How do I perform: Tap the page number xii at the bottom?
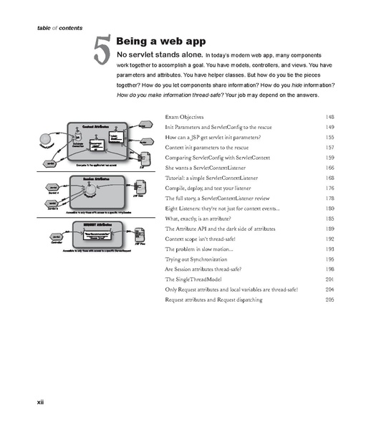click(41, 402)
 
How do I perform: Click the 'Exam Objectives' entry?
click(185, 117)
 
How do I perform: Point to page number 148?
click(329, 117)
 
